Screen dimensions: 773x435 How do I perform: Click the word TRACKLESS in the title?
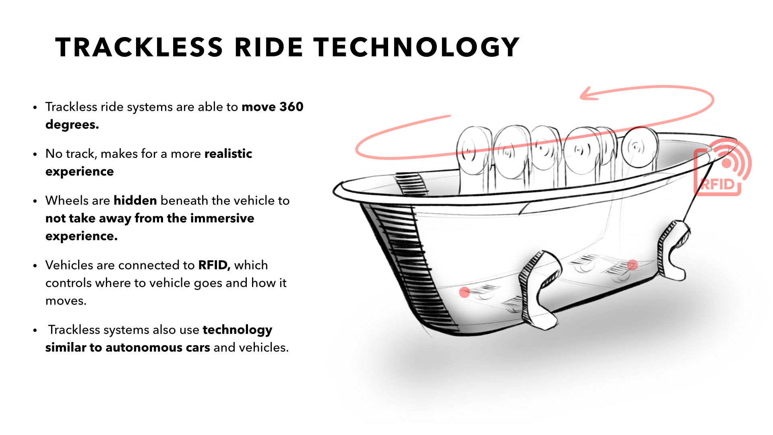[139, 47]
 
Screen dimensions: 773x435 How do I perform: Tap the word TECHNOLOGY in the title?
[417, 47]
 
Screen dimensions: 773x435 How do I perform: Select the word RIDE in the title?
[269, 47]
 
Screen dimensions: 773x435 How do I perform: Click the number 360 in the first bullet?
[291, 107]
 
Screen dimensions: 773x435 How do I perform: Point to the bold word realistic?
[228, 154]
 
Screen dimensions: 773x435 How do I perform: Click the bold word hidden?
[135, 201]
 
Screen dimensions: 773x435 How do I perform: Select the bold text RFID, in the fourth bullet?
[214, 265]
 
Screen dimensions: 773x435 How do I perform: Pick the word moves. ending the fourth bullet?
[66, 301]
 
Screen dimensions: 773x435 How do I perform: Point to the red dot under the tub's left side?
[465, 292]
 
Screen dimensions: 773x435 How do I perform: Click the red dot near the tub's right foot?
[632, 265]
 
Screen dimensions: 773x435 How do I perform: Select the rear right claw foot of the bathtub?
[672, 250]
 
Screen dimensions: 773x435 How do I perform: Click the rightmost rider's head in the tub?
[639, 147]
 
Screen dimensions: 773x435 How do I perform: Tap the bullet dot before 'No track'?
[35, 154]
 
